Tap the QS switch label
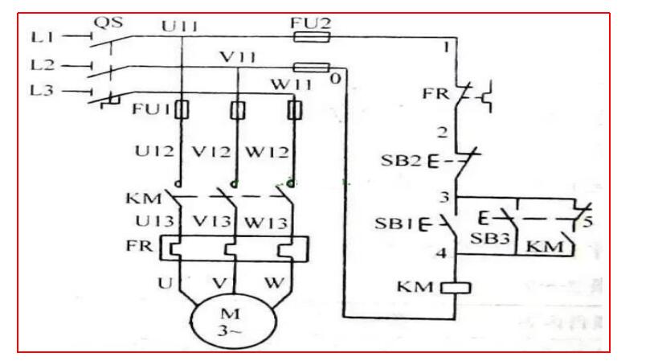click(x=108, y=23)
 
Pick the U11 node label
click(x=180, y=27)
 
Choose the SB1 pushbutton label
click(x=394, y=223)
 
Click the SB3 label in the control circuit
click(x=488, y=240)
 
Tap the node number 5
click(x=589, y=222)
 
